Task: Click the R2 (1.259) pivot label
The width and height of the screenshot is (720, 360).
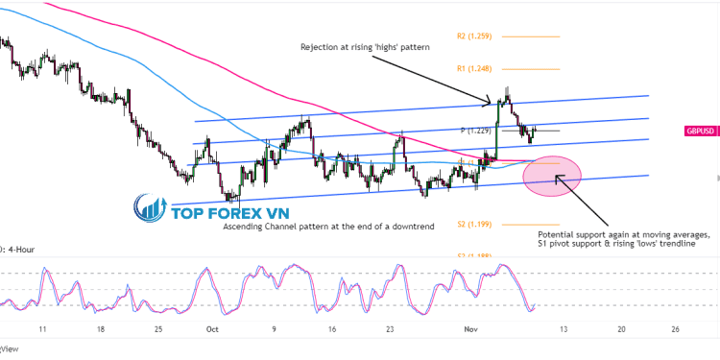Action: click(473, 36)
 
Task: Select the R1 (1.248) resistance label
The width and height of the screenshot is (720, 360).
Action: click(473, 68)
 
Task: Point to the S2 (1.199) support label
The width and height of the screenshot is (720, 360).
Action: click(474, 224)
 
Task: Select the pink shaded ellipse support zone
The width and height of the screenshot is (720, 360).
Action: click(553, 175)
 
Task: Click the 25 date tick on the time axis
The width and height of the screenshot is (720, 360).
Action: click(157, 328)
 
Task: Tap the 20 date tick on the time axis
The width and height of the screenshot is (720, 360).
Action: click(621, 328)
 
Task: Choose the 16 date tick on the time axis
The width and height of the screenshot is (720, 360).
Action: click(331, 328)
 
